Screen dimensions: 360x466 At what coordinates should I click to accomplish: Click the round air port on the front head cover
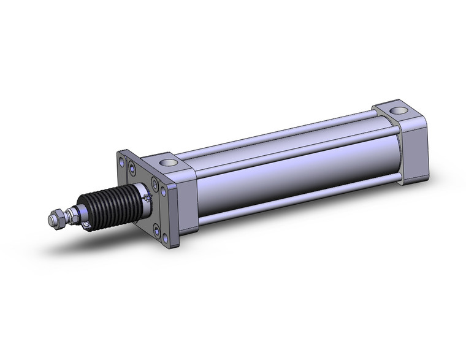169,164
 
